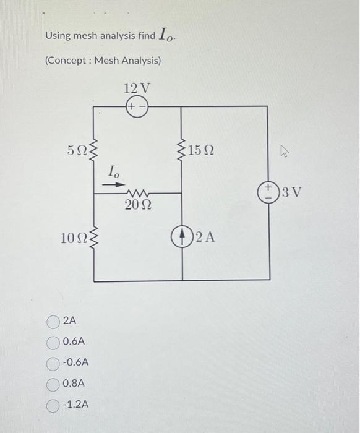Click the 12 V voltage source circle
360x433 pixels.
tap(136, 106)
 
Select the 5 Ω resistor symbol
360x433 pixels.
tap(94, 149)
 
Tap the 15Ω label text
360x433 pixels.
tap(201, 150)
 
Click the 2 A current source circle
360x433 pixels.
tap(182, 237)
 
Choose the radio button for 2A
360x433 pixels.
tap(54, 321)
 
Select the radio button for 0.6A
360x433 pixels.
tap(54, 341)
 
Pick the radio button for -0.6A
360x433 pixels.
tap(54, 362)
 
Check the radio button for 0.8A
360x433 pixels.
tap(54, 384)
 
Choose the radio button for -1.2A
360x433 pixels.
tap(54, 405)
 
